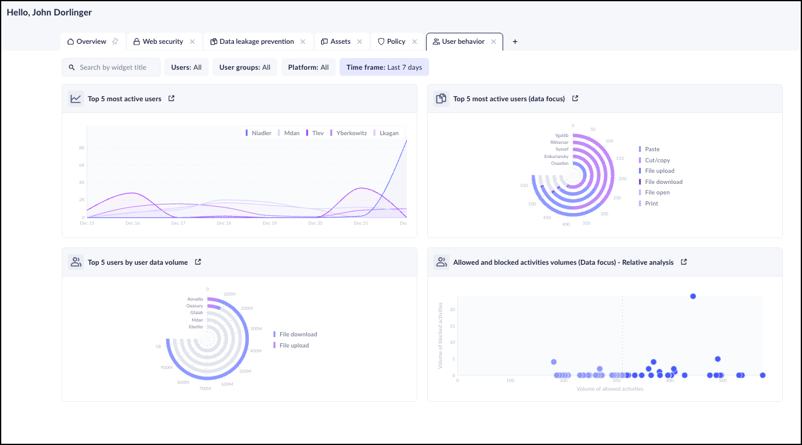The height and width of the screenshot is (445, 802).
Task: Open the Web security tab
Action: click(162, 42)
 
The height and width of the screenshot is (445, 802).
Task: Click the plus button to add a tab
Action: click(515, 42)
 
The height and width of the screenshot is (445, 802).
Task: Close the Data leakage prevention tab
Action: click(303, 42)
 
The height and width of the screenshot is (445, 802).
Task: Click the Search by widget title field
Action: click(113, 67)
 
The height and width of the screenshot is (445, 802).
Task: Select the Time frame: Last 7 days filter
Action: click(384, 67)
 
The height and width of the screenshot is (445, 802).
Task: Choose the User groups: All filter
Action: click(244, 67)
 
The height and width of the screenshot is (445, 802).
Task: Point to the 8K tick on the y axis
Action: click(81, 148)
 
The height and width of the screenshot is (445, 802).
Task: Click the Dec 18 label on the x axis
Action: click(224, 223)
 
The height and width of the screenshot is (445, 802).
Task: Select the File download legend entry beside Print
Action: click(663, 182)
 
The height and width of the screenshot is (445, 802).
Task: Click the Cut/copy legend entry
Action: click(657, 160)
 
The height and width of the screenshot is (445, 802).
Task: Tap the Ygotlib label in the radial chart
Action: click(561, 135)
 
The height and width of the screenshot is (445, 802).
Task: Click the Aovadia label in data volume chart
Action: click(194, 299)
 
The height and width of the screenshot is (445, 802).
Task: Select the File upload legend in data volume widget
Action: click(293, 346)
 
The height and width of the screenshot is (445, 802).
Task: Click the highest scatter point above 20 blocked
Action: click(693, 296)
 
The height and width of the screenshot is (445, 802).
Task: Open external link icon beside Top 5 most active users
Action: click(172, 98)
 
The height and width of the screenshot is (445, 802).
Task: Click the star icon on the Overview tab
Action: click(115, 42)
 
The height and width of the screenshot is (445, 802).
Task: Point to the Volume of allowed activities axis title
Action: click(609, 389)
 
